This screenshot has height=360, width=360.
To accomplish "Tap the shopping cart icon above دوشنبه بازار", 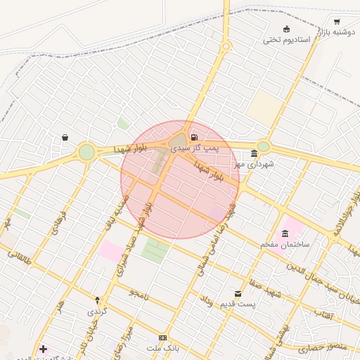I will click(x=337, y=21).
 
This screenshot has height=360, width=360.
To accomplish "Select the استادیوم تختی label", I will click(x=287, y=39).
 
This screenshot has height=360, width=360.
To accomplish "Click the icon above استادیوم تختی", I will click(x=286, y=29).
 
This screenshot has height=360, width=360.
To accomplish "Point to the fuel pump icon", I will click(x=194, y=137).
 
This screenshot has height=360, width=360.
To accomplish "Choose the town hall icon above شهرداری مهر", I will click(x=254, y=153).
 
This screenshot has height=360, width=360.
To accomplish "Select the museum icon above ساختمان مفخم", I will click(x=285, y=233).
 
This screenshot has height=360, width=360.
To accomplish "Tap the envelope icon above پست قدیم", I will click(x=238, y=293).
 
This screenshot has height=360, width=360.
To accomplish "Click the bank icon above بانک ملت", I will click(x=163, y=338).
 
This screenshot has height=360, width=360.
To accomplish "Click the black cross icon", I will click(x=44, y=349).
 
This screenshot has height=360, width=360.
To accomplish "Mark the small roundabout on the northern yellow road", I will click(x=226, y=47).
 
